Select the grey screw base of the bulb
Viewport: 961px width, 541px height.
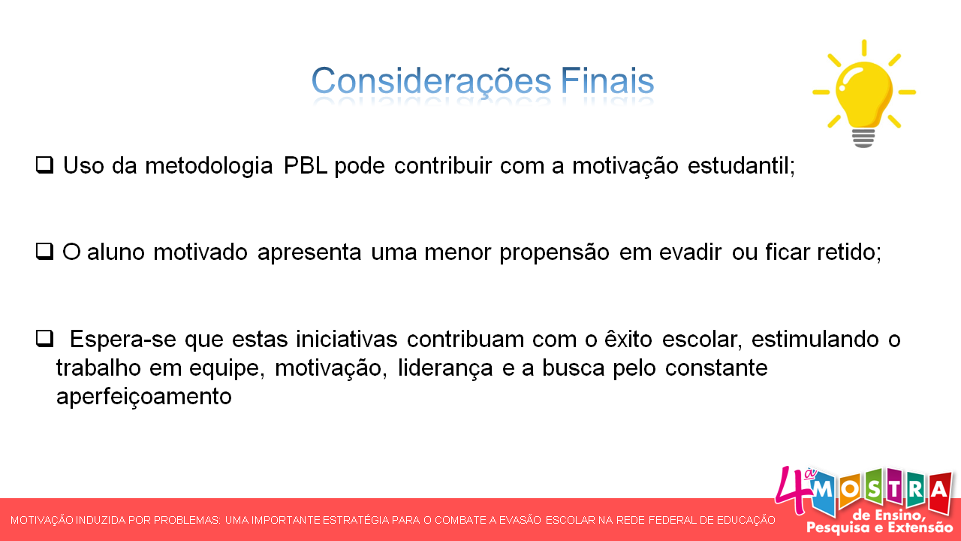pos(863,137)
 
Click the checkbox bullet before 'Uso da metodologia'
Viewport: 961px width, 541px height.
pos(44,165)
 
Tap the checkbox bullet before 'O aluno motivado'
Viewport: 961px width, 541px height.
pos(44,252)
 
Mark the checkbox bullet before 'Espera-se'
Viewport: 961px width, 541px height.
pos(44,339)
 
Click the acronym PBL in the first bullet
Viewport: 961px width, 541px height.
pos(306,165)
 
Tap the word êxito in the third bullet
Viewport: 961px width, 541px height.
pos(629,340)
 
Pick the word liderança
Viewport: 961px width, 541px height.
pos(442,368)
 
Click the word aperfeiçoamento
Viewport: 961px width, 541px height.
pos(143,397)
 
